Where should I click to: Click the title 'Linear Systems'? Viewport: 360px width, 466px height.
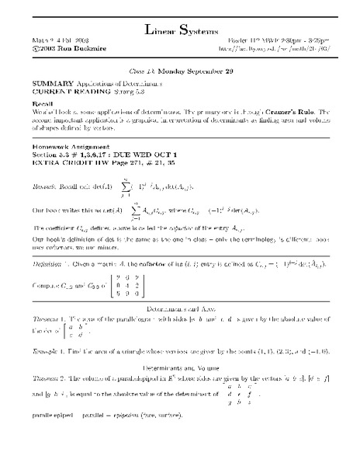(180, 30)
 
